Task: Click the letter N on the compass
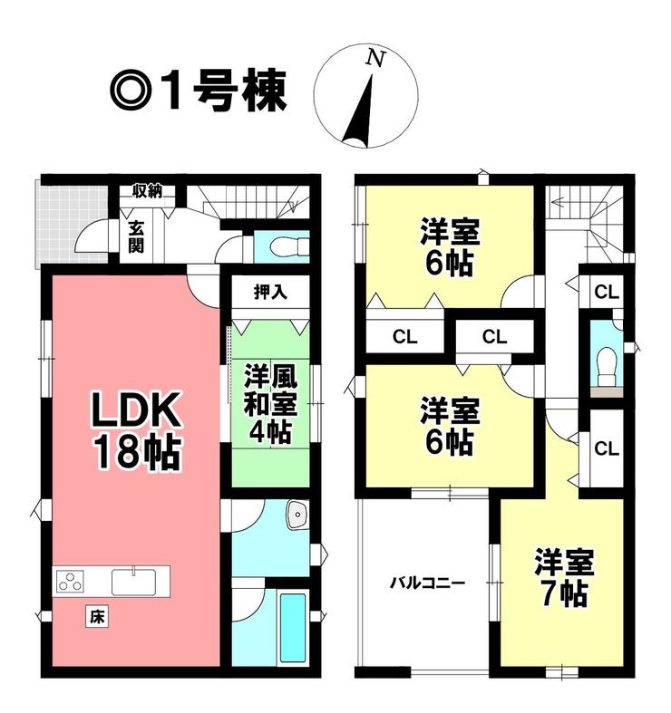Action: pos(376,59)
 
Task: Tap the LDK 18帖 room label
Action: pos(137,431)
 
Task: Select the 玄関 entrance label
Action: pos(136,236)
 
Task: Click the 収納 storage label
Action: pos(148,191)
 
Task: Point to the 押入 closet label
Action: pos(270,293)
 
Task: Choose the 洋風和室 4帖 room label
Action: pos(270,403)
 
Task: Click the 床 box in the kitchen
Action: pos(97,617)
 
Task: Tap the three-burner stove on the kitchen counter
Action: pos(71,581)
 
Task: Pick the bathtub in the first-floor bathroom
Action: pos(293,628)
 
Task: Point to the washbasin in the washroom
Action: pos(297,515)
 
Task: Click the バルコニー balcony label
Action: pos(427,583)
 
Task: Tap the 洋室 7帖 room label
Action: pos(564,577)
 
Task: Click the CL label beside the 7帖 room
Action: pos(607,448)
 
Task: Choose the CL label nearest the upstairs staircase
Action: pos(607,292)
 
